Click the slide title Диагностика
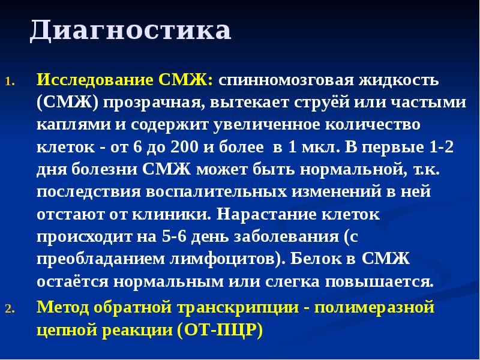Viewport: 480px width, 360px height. point(131,31)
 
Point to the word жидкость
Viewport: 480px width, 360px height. point(399,80)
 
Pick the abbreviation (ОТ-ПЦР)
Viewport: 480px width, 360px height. point(220,331)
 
